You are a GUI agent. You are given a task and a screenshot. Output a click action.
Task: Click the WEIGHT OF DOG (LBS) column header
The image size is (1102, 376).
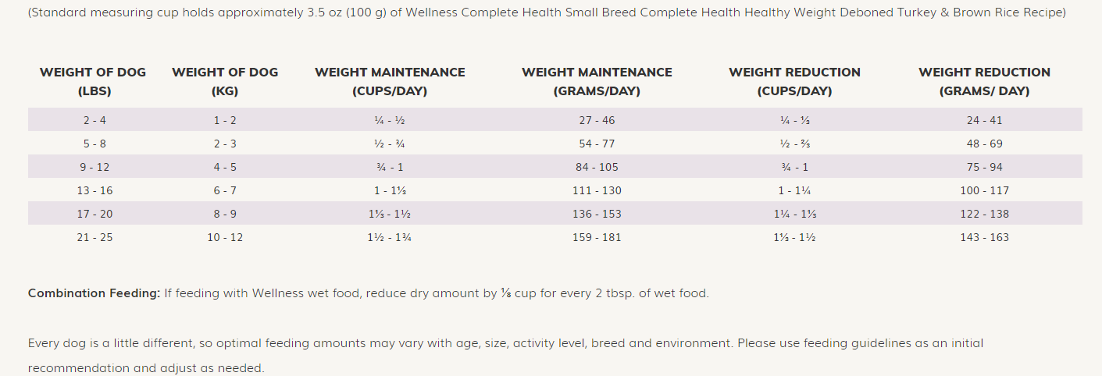click(94, 81)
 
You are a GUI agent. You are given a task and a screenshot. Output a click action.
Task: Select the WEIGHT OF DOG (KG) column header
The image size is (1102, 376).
click(225, 81)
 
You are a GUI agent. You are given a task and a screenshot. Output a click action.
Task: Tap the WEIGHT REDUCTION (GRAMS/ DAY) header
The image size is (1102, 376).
click(984, 81)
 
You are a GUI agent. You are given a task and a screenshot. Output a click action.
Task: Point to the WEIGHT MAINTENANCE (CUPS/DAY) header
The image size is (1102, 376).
click(390, 81)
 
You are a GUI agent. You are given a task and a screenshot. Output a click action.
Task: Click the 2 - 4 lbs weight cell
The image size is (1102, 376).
click(95, 120)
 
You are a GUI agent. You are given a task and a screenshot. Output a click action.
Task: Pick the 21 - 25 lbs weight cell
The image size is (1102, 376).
click(95, 237)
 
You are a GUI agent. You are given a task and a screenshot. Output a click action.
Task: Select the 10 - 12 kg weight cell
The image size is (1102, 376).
click(225, 237)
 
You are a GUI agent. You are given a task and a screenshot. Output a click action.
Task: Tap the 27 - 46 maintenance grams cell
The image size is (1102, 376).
click(597, 120)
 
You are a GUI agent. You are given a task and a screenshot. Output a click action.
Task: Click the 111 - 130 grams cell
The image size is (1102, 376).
click(597, 190)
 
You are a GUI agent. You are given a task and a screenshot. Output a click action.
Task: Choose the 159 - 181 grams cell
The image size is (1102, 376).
click(597, 237)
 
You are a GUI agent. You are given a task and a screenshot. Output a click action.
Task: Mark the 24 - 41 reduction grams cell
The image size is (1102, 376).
click(984, 120)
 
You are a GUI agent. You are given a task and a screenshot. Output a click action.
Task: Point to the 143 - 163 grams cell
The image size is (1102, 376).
click(984, 237)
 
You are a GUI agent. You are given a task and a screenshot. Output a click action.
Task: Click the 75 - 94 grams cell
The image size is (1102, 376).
click(984, 167)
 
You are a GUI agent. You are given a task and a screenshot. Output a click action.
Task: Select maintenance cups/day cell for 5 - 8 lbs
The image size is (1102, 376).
click(390, 144)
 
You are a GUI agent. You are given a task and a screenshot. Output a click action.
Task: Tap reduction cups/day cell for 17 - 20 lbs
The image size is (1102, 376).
click(794, 214)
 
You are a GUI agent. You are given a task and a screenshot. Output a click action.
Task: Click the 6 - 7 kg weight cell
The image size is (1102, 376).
click(225, 190)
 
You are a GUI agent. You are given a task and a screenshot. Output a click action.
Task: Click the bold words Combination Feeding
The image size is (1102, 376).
click(94, 293)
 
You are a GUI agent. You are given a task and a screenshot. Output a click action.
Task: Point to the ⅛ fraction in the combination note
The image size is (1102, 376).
click(505, 293)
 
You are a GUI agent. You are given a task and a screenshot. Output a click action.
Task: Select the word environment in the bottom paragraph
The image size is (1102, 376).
click(697, 343)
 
